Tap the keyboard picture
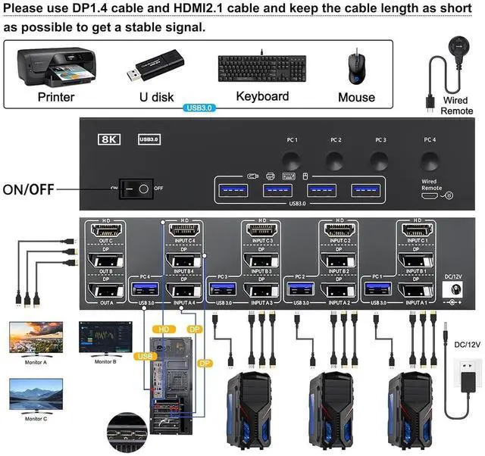tap(262, 70)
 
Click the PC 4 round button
tap(430, 160)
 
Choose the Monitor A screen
tap(36, 339)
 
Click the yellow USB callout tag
tap(142, 355)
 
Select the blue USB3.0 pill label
tap(200, 108)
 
